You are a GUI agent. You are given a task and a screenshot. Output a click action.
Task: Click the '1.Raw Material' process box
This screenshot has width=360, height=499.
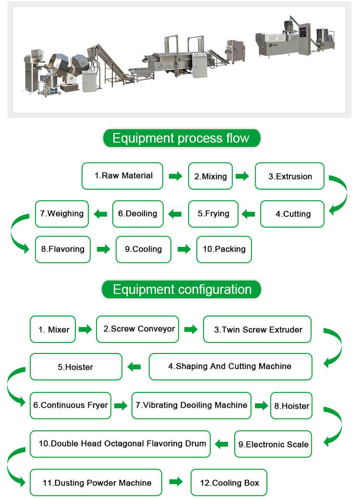pos(123,176)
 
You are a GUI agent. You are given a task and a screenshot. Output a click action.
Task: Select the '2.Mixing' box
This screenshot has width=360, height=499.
pos(210,176)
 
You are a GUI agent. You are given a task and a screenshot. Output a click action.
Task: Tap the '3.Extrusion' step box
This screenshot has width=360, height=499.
pos(290,176)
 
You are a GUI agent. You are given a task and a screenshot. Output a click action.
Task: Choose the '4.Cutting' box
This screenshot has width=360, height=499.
pos(292,214)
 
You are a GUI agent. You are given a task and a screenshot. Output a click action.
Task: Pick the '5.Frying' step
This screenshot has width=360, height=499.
pos(213,214)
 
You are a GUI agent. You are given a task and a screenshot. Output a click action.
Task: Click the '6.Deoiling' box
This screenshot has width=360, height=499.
pos(138,214)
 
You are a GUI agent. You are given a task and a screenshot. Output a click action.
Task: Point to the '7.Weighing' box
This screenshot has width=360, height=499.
pos(62,214)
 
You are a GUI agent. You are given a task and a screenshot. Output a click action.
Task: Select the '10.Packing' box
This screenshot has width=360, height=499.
pos(224,249)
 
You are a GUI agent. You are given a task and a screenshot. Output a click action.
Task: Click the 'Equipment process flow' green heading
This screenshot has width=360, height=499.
pos(181,138)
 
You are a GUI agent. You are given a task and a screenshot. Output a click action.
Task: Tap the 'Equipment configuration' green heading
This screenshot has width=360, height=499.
pos(181,290)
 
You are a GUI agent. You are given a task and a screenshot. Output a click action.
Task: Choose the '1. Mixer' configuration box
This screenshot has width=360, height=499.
pos(53,329)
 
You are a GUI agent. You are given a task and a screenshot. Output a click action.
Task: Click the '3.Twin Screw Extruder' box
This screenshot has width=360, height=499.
pos(258,329)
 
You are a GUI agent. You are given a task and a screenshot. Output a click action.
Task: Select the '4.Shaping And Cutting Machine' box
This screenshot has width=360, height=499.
pos(230,366)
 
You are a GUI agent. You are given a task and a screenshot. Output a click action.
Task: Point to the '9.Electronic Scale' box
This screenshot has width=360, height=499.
pos(273,444)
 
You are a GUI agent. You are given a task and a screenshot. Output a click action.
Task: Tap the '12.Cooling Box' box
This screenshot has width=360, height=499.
pos(229,483)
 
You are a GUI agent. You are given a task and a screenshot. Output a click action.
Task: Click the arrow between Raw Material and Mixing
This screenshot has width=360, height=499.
pos(176,176)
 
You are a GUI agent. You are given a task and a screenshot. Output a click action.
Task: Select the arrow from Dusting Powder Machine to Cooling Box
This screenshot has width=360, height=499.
pos(176,482)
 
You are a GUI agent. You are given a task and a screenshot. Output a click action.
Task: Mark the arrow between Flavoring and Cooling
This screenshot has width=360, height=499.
pos(104,249)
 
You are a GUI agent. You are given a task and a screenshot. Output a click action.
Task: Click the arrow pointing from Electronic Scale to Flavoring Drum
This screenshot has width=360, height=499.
pos(222,444)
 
